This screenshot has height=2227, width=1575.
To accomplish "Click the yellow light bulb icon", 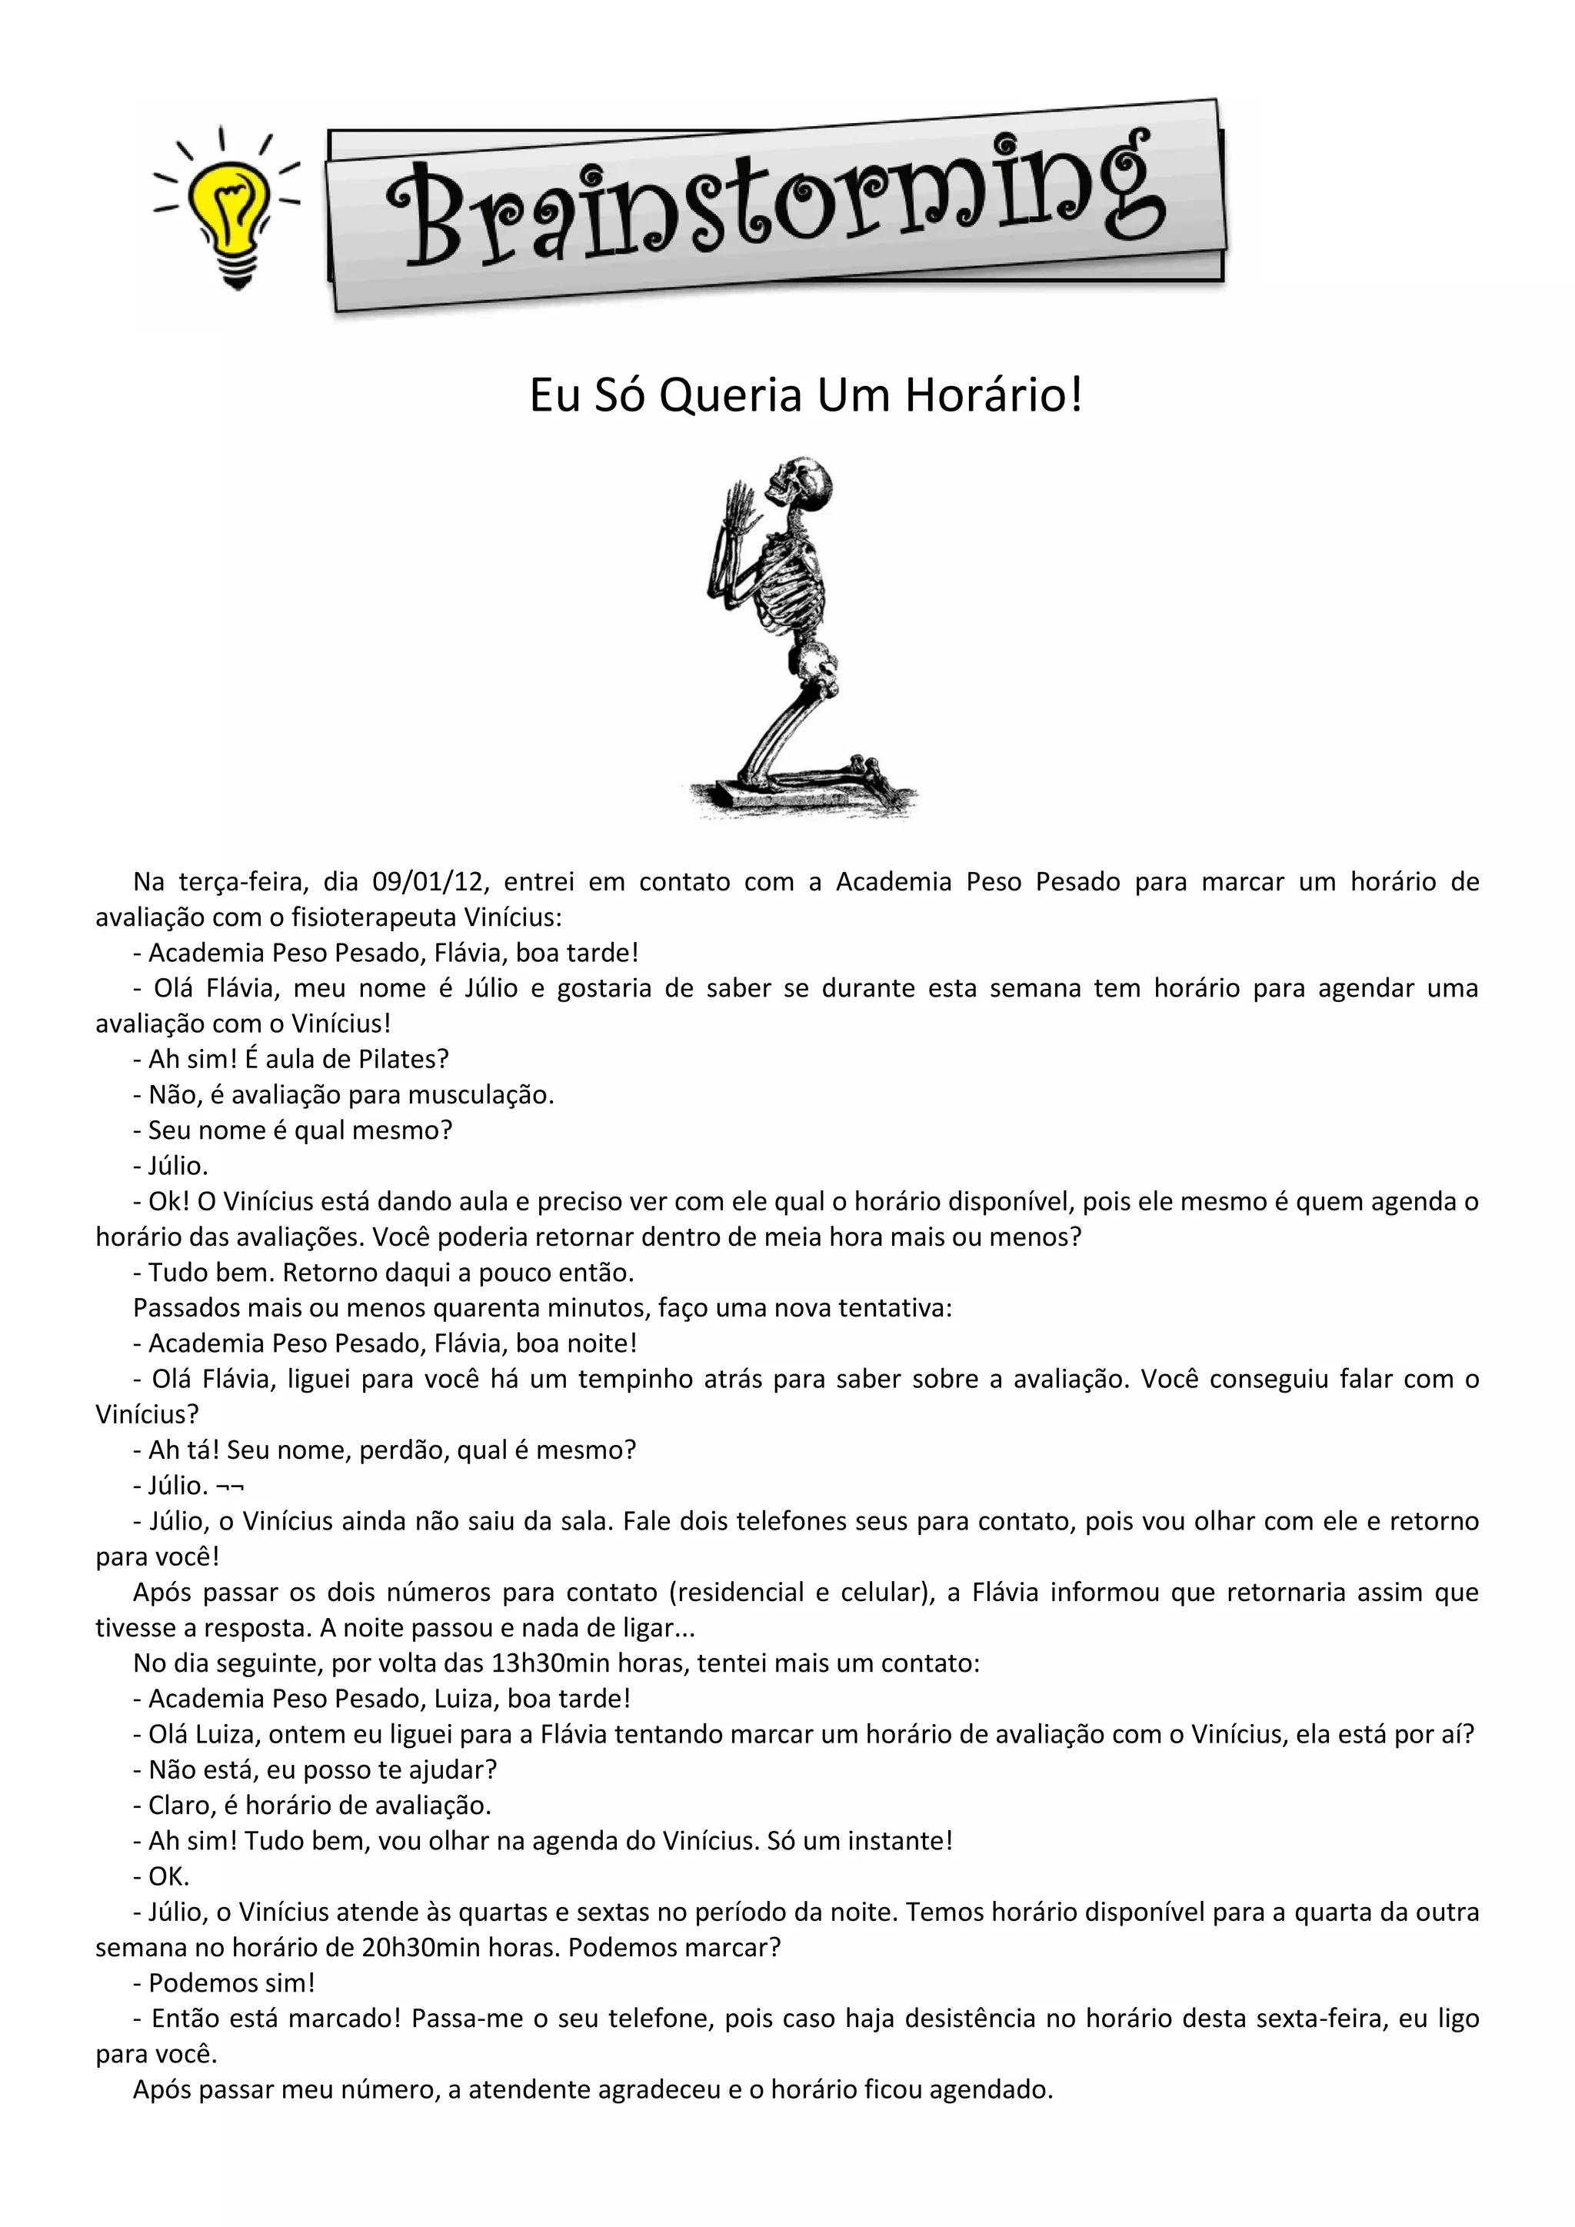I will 228,209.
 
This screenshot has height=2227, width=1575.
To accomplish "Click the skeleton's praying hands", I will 740,508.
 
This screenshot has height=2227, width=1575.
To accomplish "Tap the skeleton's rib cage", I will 790,586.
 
